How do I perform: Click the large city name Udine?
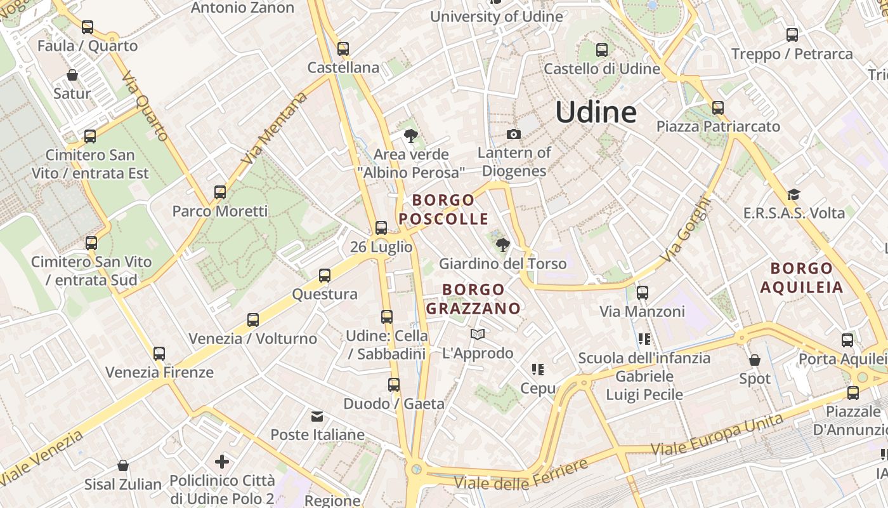pyautogui.click(x=596, y=112)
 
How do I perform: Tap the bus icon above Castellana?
pyautogui.click(x=343, y=48)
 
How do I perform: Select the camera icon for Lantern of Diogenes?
pyautogui.click(x=514, y=134)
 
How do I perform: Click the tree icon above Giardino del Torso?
pyautogui.click(x=502, y=244)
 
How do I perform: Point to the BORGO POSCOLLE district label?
pyautogui.click(x=443, y=210)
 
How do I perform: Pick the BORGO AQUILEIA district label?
pyautogui.click(x=802, y=277)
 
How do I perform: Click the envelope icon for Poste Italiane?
pyautogui.click(x=317, y=417)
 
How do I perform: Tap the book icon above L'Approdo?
pyautogui.click(x=478, y=334)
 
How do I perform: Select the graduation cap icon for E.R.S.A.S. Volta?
pyautogui.click(x=793, y=194)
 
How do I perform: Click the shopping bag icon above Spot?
pyautogui.click(x=754, y=360)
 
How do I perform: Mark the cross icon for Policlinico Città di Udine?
pyautogui.click(x=222, y=462)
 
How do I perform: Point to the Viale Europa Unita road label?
pyautogui.click(x=717, y=433)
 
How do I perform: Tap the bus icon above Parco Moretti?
pyautogui.click(x=220, y=192)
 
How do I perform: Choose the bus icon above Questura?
pyautogui.click(x=325, y=276)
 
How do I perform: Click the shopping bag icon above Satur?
pyautogui.click(x=72, y=75)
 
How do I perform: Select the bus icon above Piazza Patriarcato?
pyautogui.click(x=717, y=108)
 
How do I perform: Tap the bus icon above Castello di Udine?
pyautogui.click(x=602, y=50)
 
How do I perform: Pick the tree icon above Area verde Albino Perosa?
pyautogui.click(x=411, y=135)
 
